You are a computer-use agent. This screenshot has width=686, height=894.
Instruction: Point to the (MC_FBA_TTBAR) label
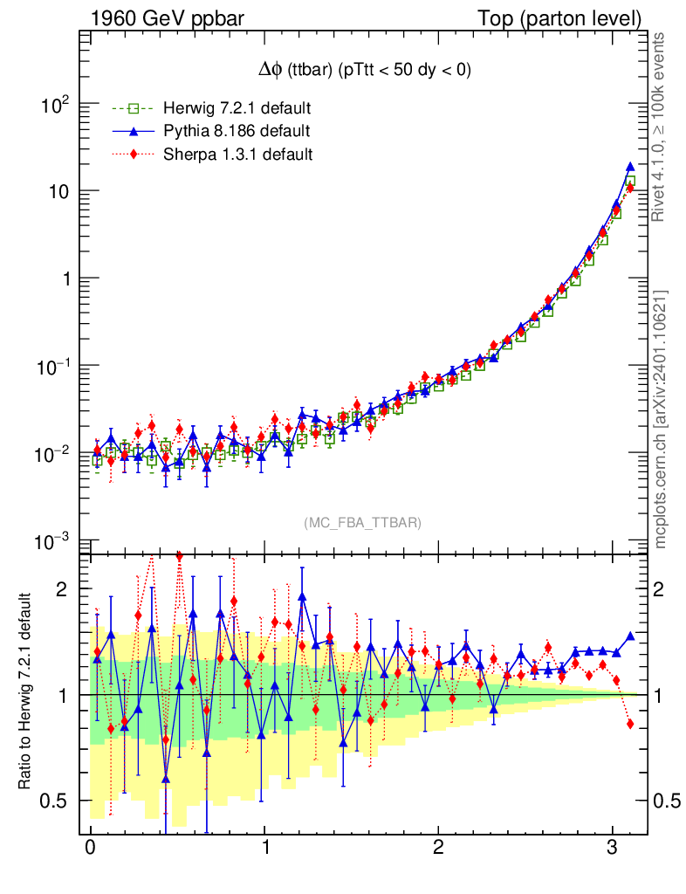point(363,522)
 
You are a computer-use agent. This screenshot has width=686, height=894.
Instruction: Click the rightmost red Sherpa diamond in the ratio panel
point(630,724)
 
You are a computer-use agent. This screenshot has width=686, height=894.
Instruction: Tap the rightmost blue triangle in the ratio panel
point(630,636)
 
